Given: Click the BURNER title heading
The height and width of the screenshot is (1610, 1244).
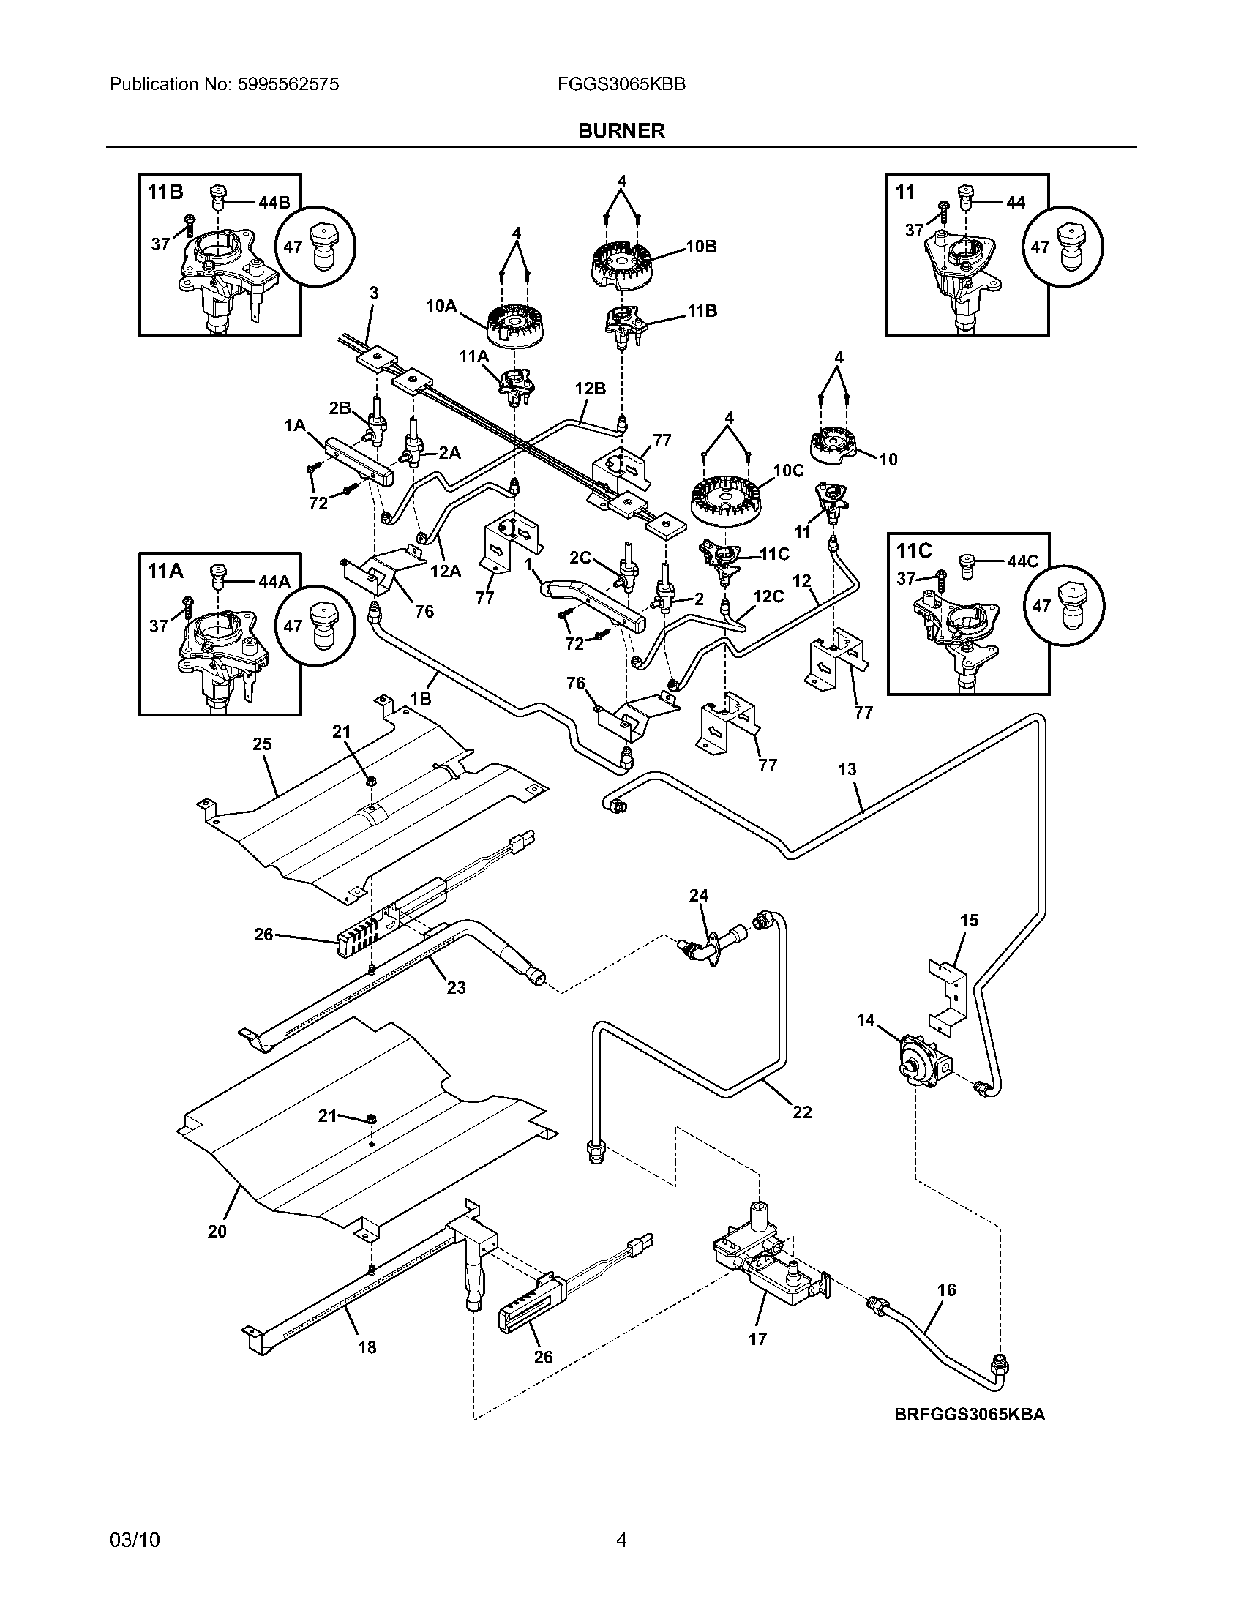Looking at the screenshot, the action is [x=621, y=130].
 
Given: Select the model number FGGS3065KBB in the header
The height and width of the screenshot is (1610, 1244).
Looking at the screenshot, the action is [x=622, y=84].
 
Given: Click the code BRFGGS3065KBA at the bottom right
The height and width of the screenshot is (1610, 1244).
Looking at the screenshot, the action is [x=970, y=1415].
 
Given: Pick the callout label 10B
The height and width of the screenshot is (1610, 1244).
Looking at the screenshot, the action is [x=701, y=247].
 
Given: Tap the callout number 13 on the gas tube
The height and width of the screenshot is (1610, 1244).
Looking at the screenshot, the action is [x=847, y=770].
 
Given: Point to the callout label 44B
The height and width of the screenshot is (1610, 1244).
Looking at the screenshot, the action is [x=274, y=203].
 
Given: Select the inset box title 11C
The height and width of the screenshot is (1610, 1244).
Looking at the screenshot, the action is [x=915, y=550].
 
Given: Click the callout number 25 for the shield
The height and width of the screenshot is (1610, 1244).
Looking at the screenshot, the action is [x=263, y=744].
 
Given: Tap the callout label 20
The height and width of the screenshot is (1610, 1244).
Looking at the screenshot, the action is [x=217, y=1231].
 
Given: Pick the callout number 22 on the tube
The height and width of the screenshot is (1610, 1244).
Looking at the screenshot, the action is [x=802, y=1112].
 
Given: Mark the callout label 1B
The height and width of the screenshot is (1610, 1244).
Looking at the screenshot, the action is [x=421, y=698].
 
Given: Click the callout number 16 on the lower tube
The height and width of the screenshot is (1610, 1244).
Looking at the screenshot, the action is [x=946, y=1290].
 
